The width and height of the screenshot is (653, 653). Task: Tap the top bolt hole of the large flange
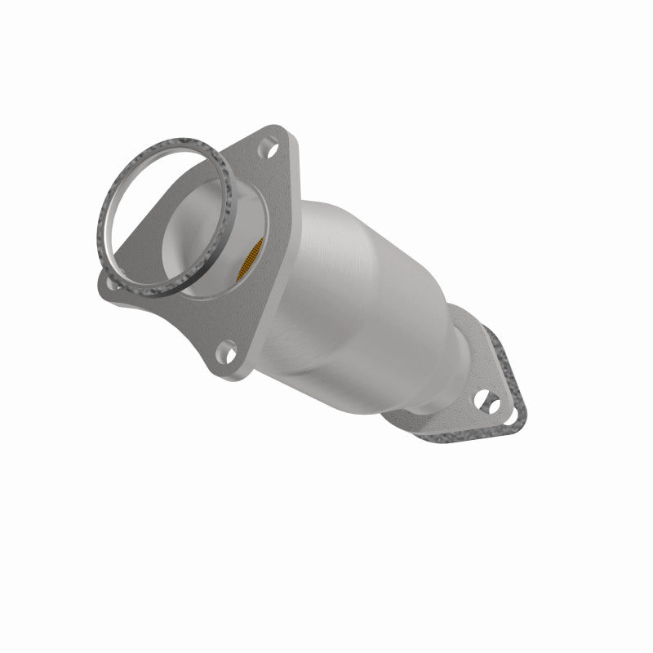pyautogui.click(x=269, y=150)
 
